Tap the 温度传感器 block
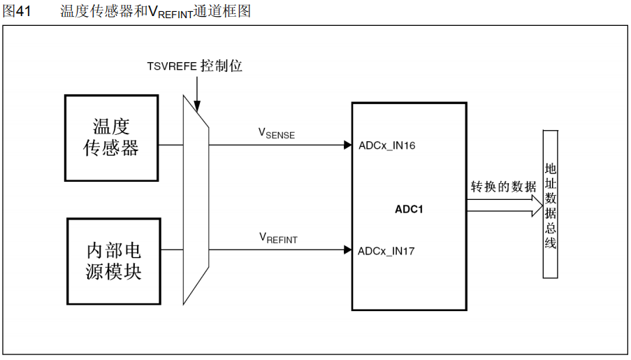[x=112, y=137]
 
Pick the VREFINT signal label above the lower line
[x=278, y=238]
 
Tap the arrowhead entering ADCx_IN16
[x=347, y=145]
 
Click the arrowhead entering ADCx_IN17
[x=347, y=250]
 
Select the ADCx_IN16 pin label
[x=387, y=145]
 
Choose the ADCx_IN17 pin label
[x=386, y=250]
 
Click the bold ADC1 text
[x=409, y=208]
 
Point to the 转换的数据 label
[x=503, y=187]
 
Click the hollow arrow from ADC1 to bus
[x=503, y=204]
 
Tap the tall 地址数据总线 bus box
[x=551, y=204]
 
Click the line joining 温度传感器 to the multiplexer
[x=171, y=145]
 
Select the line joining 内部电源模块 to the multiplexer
[x=171, y=250]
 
